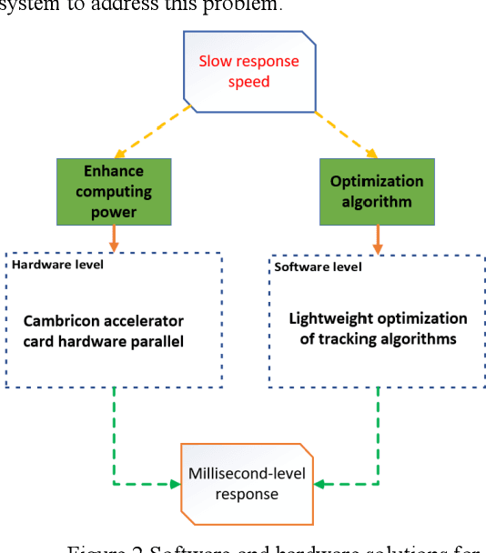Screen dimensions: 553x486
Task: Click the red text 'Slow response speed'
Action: click(x=249, y=72)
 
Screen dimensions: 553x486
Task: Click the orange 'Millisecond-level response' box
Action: click(x=249, y=484)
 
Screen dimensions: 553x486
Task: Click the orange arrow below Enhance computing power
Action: click(x=113, y=238)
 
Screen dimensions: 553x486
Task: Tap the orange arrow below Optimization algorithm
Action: click(x=377, y=238)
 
